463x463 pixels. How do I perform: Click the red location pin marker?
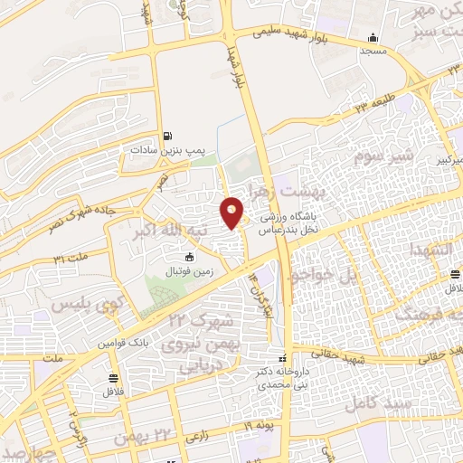click(232, 214)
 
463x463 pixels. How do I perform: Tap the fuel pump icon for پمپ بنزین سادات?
click(168, 137)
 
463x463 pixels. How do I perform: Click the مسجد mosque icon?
click(373, 38)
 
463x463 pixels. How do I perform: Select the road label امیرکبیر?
click(443, 159)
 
